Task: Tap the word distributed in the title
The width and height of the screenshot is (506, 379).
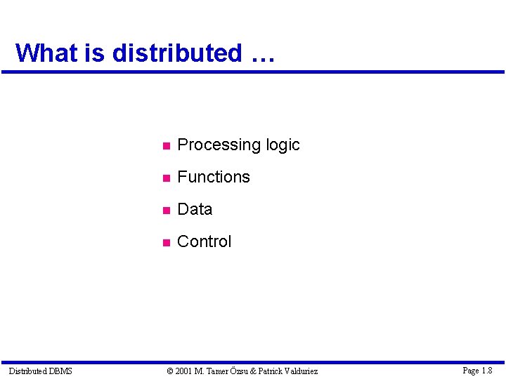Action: click(176, 53)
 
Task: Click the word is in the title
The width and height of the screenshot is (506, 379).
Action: click(95, 53)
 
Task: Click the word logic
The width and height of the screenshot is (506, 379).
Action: click(283, 145)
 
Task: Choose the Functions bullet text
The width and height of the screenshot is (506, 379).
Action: click(214, 177)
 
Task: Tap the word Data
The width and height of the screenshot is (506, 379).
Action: click(195, 209)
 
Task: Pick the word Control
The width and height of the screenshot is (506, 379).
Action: click(204, 241)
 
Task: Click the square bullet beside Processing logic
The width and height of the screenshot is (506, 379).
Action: click(165, 147)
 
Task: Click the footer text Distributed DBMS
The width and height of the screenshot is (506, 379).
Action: click(40, 371)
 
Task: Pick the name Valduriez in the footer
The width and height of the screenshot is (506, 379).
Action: click(300, 371)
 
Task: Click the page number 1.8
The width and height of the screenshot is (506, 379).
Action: click(487, 370)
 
